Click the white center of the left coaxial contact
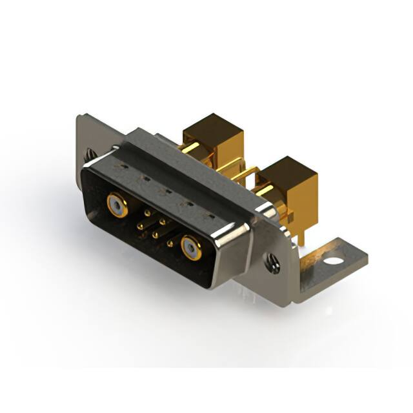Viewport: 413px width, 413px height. click(x=116, y=206)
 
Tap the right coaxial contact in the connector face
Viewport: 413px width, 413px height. click(x=190, y=247)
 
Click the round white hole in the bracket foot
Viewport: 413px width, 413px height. click(x=334, y=262)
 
